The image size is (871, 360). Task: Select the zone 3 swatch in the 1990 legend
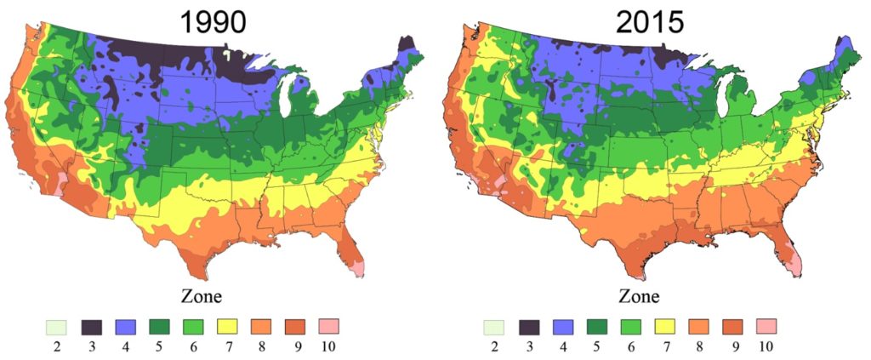click(93, 326)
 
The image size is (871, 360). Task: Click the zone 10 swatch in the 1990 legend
click(328, 326)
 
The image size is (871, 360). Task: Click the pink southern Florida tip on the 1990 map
click(358, 269)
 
